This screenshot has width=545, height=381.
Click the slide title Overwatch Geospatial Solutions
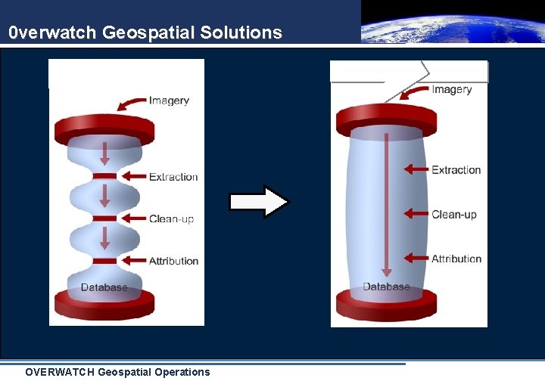point(145,33)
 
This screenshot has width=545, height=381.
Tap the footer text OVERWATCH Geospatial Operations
point(117,372)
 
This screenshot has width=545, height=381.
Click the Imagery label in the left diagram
point(169,101)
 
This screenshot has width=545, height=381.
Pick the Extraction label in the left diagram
point(173,177)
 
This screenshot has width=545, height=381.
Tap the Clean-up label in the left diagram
point(171,219)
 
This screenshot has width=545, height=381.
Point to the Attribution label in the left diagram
point(173,261)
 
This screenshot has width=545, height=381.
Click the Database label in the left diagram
point(104,287)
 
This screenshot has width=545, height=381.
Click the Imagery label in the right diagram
point(452,89)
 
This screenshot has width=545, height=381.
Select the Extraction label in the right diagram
point(456,170)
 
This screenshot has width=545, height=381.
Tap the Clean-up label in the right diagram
point(454,215)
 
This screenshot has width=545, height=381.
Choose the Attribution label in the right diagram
point(456,259)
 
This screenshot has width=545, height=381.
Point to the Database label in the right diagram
point(386,287)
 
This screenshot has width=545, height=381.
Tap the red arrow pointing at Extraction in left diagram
point(133,177)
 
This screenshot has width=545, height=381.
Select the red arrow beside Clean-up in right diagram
point(416,215)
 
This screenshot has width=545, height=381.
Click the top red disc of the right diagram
point(386,119)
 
